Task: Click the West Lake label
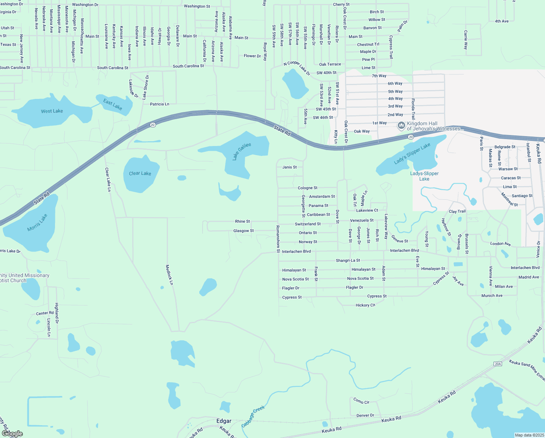[x=52, y=111]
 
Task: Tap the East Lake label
[x=113, y=104]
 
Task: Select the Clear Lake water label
[x=140, y=173]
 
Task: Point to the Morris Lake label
[x=37, y=223]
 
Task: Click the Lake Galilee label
[x=242, y=151]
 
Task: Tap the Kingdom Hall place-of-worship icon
[x=401, y=126]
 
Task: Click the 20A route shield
[x=498, y=364]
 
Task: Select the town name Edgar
[x=224, y=421]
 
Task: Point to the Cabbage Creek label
[x=253, y=416]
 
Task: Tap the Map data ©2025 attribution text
[x=529, y=435]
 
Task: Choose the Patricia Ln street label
[x=160, y=104]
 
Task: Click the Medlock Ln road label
[x=169, y=274]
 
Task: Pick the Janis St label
[x=290, y=167]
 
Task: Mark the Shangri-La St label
[x=348, y=260]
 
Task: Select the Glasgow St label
[x=243, y=231]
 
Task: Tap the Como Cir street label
[x=361, y=401]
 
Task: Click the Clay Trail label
[x=457, y=211]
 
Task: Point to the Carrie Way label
[x=466, y=40]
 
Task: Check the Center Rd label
[x=45, y=313]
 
